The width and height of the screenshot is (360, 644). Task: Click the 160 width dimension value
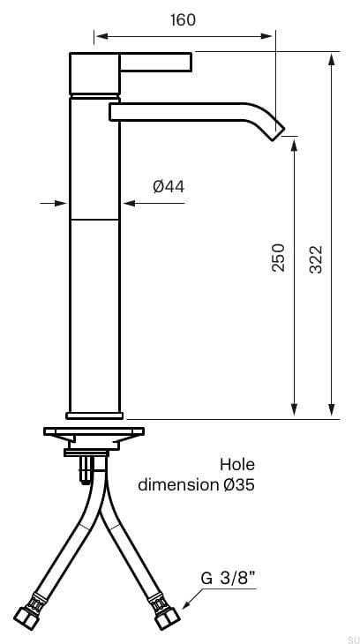point(183,19)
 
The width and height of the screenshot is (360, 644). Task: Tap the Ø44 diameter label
point(168,186)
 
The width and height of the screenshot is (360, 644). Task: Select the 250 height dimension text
point(278,257)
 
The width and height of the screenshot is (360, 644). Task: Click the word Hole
point(236,464)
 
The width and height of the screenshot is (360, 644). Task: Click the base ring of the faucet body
point(94,413)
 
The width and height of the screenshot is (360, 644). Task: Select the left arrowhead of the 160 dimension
point(100,36)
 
